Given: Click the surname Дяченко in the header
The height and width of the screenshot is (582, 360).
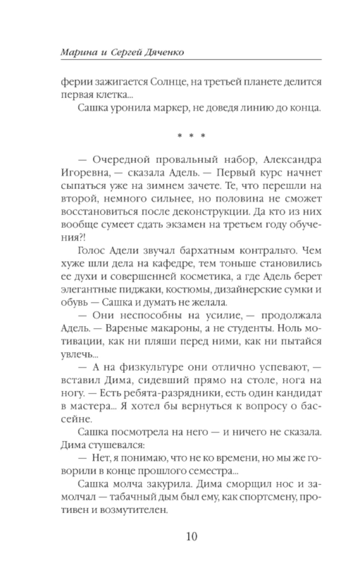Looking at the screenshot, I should (x=164, y=53).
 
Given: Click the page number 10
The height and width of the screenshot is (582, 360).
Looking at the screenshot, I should (x=192, y=537).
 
